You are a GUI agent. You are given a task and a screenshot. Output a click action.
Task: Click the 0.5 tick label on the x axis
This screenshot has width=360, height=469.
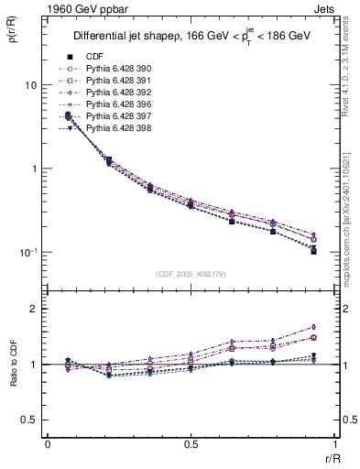tap(190, 443)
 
